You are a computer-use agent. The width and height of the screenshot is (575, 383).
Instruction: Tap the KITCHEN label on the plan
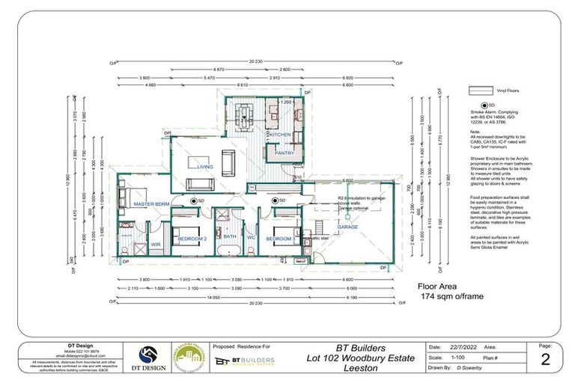[279, 135]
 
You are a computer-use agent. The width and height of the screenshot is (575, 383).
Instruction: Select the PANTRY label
[285, 153]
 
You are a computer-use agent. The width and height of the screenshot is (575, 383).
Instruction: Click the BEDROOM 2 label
[192, 239]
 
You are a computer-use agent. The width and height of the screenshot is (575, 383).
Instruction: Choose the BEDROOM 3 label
[282, 239]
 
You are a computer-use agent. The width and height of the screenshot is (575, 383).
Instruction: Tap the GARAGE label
[347, 227]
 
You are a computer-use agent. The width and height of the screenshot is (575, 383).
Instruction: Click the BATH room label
[229, 238]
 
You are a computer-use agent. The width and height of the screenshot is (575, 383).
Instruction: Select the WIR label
[156, 244]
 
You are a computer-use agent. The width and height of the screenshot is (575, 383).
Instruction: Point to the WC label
[251, 239]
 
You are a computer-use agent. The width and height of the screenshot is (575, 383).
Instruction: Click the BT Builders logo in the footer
[243, 361]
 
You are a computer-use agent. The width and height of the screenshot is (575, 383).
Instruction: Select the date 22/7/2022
[465, 348]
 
